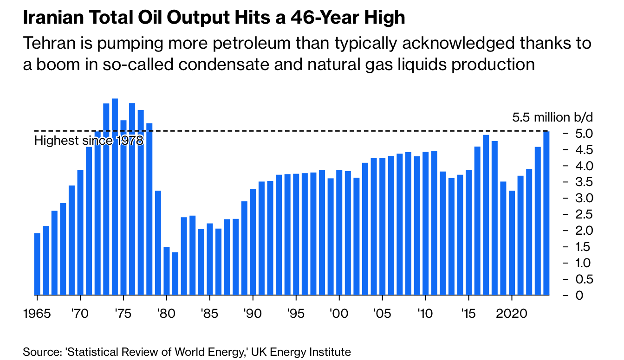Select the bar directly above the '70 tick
80,232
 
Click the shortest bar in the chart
175,273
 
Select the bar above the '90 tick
253,241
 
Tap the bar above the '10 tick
426,223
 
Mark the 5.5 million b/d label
552,117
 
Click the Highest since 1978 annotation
89,141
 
